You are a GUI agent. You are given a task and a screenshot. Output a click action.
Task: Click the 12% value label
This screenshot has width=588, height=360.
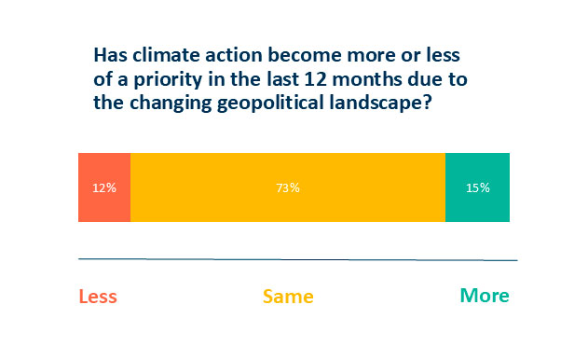pyautogui.click(x=104, y=187)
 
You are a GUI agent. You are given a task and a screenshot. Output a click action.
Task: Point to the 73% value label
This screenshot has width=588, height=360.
pyautogui.click(x=287, y=187)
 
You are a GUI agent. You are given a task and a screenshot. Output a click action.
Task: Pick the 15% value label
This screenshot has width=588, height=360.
pyautogui.click(x=477, y=187)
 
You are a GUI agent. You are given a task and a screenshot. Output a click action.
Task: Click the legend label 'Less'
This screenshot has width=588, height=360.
pyautogui.click(x=98, y=297)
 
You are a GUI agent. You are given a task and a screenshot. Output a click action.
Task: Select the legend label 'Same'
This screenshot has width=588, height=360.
pyautogui.click(x=288, y=297)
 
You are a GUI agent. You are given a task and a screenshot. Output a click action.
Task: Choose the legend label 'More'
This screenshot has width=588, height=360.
pyautogui.click(x=485, y=297)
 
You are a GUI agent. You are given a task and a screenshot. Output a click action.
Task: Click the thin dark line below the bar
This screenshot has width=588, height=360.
pyautogui.click(x=297, y=258)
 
